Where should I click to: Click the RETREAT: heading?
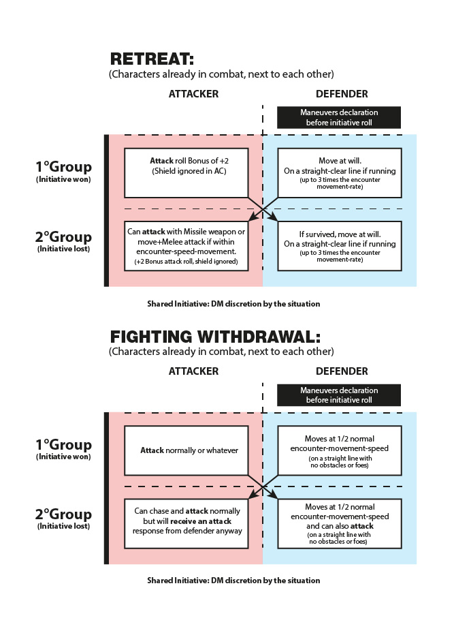click(152, 59)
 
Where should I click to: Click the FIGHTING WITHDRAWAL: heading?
click(215, 337)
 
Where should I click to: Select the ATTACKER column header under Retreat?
click(193, 94)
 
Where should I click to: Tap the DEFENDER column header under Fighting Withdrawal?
click(342, 371)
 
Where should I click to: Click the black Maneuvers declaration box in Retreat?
click(339, 117)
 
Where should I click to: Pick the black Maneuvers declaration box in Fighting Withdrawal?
click(339, 395)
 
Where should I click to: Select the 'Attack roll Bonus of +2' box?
click(186, 173)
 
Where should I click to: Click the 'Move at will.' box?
click(340, 173)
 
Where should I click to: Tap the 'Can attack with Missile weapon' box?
click(186, 246)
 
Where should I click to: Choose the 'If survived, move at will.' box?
click(340, 246)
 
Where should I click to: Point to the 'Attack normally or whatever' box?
click(186, 450)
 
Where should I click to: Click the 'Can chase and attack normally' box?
click(186, 523)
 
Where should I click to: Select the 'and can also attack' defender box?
click(340, 523)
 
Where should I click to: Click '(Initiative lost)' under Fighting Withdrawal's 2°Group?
click(63, 526)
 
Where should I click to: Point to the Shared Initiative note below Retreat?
click(233, 304)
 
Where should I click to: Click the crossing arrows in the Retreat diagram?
click(263, 209)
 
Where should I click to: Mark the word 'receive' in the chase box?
click(184, 521)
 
